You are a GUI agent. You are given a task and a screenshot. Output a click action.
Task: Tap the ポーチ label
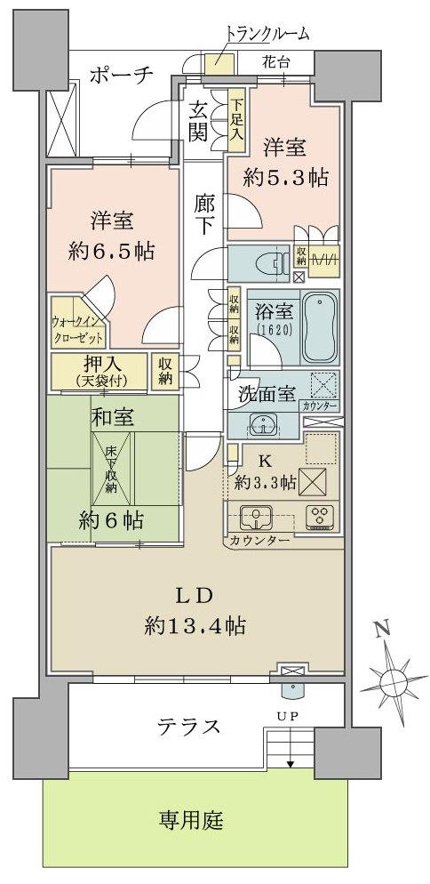pos(122,75)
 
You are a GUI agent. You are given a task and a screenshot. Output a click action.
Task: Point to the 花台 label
pos(276,63)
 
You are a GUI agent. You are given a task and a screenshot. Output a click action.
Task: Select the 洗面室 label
pos(266,395)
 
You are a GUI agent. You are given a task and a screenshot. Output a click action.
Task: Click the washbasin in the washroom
pos(260,423)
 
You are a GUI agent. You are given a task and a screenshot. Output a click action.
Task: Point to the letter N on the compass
pos(381,629)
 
